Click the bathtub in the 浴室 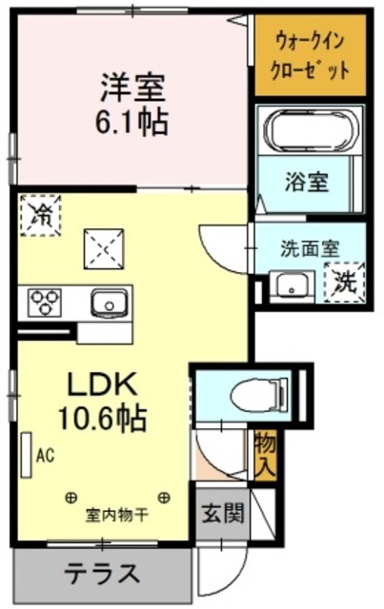[311, 130]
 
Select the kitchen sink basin [110, 304]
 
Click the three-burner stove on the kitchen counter [45, 303]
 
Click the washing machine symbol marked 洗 [345, 283]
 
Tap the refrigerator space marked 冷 [40, 216]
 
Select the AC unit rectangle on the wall [27, 455]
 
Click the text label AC [45, 455]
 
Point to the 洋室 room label [132, 88]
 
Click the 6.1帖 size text [132, 122]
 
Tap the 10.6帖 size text [102, 419]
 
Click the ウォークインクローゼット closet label [310, 55]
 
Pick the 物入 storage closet [266, 455]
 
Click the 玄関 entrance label [223, 514]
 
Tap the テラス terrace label [102, 573]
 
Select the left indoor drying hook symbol [71, 497]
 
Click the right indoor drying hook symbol [164, 497]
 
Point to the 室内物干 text [117, 516]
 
